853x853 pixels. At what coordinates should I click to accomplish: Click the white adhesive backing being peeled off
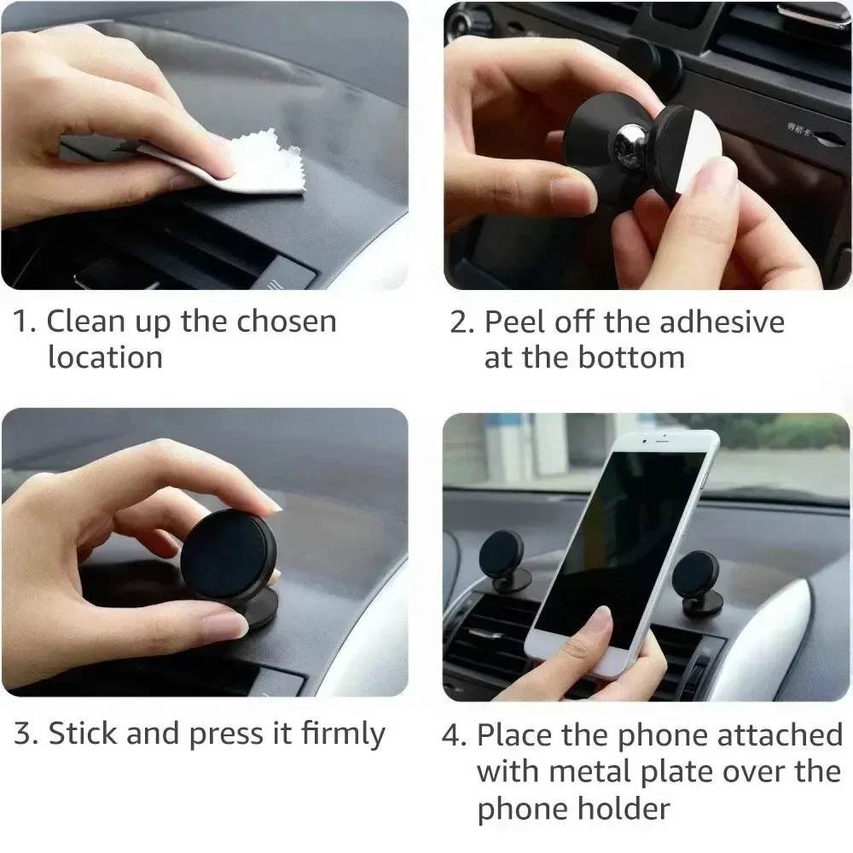pyautogui.click(x=682, y=149)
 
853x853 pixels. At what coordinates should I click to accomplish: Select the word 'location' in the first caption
pyautogui.click(x=105, y=357)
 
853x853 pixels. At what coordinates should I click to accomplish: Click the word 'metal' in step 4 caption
pyautogui.click(x=595, y=771)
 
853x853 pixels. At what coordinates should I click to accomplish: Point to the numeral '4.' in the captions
pyautogui.click(x=455, y=734)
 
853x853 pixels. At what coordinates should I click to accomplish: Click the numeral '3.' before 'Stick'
pyautogui.click(x=26, y=734)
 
